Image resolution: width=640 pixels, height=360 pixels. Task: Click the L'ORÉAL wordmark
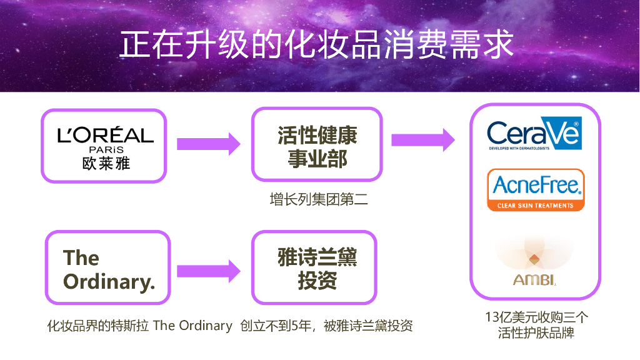tap(106, 135)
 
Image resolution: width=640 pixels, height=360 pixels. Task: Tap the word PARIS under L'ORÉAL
tap(106, 150)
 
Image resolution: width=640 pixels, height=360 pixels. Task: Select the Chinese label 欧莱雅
tap(106, 163)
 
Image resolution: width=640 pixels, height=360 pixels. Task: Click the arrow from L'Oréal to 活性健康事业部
tap(208, 144)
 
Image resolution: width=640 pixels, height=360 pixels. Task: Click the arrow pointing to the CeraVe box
tap(422, 139)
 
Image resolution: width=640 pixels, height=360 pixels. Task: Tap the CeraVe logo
tap(534, 133)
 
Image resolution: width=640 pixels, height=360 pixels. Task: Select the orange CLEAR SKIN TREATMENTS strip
tap(536, 206)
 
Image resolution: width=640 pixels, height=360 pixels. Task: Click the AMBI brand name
tap(534, 280)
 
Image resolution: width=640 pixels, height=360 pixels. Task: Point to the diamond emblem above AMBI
tap(534, 259)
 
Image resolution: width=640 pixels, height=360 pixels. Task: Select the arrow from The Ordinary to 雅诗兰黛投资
tap(208, 271)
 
